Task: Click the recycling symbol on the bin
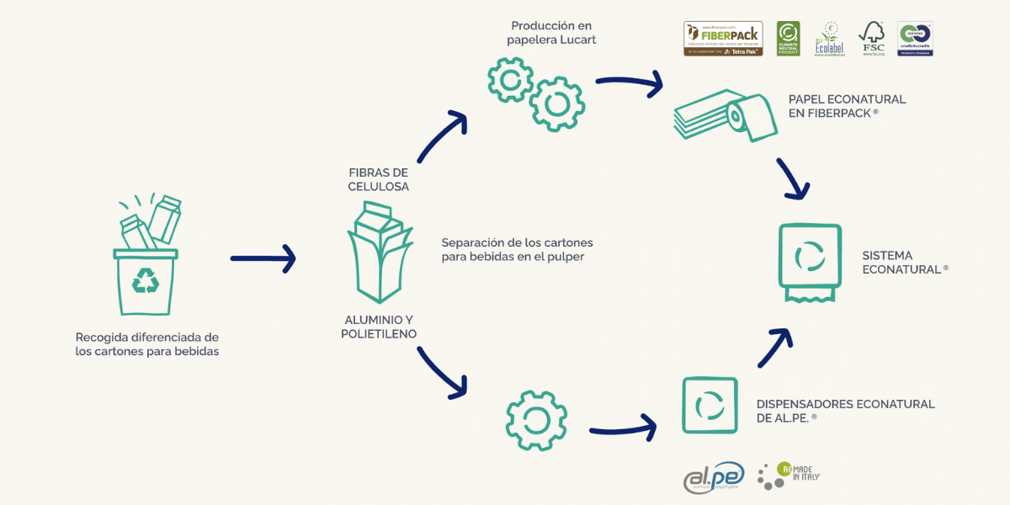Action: point(146,280)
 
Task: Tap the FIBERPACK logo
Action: point(723,39)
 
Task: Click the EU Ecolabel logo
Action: point(829,39)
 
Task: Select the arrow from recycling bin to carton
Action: point(263,258)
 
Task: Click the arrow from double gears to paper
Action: point(629,83)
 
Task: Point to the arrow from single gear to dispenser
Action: point(623,428)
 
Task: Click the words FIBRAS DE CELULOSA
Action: point(379,179)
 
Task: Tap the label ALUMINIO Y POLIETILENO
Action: point(379,327)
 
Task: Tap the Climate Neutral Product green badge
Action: point(788,39)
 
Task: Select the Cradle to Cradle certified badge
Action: point(915,39)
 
